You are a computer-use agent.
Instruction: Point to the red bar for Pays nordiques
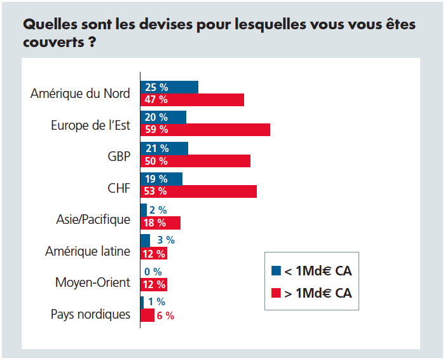click(x=147, y=315)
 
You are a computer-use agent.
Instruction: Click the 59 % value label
click(x=156, y=130)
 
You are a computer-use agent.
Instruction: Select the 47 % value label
click(x=156, y=99)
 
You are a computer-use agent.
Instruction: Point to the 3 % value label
click(x=165, y=240)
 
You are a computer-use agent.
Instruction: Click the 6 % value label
click(x=165, y=315)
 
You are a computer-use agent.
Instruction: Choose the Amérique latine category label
click(x=88, y=251)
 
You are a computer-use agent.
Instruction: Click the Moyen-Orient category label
click(x=92, y=282)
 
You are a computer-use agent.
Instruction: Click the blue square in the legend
click(x=276, y=271)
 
